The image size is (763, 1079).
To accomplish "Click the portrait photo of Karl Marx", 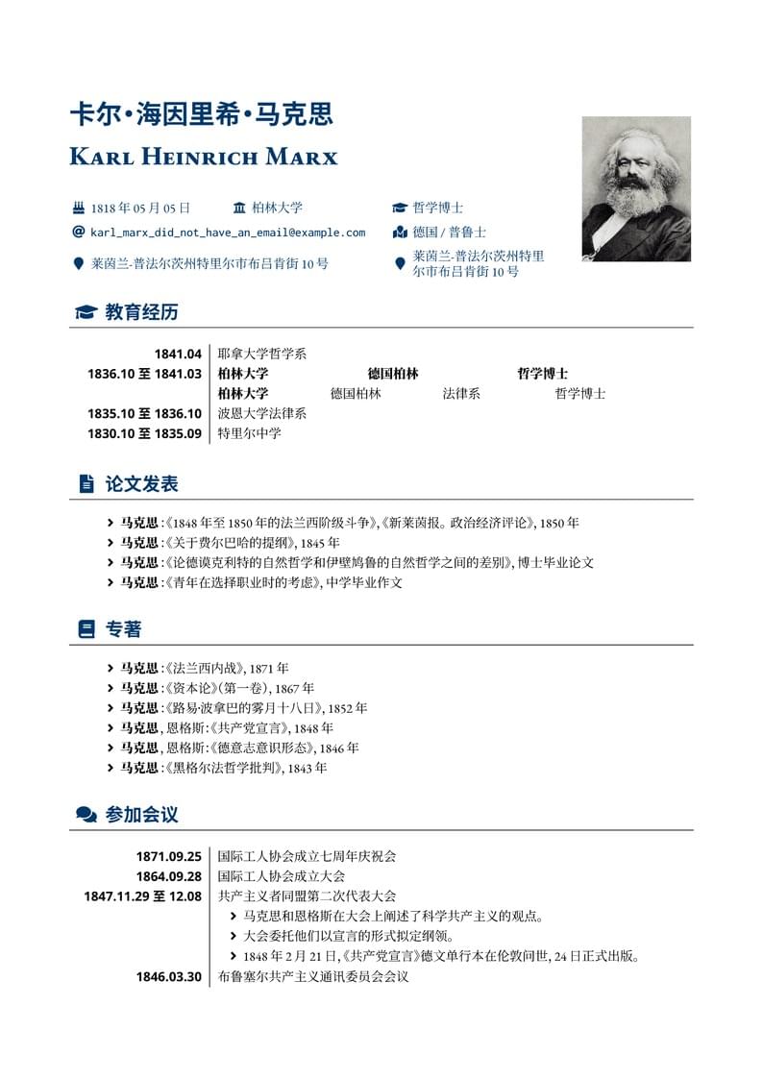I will (x=636, y=188).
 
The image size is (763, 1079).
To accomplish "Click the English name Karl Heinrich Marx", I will (x=204, y=157).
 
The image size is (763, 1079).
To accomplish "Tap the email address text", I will (x=228, y=233).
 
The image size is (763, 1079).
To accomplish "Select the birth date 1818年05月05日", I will (x=140, y=208).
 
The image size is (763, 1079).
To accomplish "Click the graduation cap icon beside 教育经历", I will (x=86, y=312).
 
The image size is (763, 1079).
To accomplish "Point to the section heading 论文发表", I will (x=141, y=484).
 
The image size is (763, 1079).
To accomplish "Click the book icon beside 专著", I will (x=86, y=629).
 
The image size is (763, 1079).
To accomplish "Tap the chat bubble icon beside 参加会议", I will (x=86, y=815).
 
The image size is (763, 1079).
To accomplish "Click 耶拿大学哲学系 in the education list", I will (x=261, y=354).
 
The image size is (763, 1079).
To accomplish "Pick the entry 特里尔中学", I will (x=249, y=433).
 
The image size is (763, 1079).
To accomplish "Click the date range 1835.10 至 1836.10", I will (x=144, y=413).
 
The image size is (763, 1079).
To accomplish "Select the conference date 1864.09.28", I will (x=168, y=876).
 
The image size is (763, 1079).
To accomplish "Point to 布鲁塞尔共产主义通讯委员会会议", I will (x=313, y=977).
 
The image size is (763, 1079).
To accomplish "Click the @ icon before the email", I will (x=79, y=232).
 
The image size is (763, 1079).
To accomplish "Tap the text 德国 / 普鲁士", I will (x=449, y=233).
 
